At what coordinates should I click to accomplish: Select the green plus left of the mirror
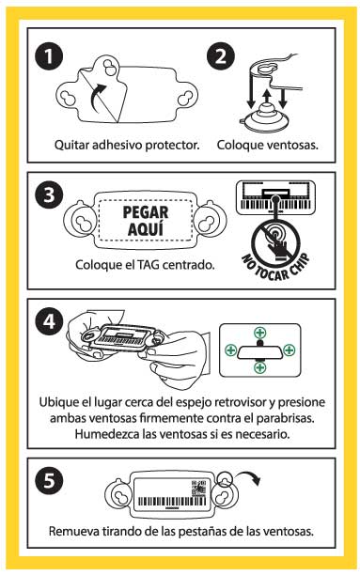pyautogui.click(x=229, y=350)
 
